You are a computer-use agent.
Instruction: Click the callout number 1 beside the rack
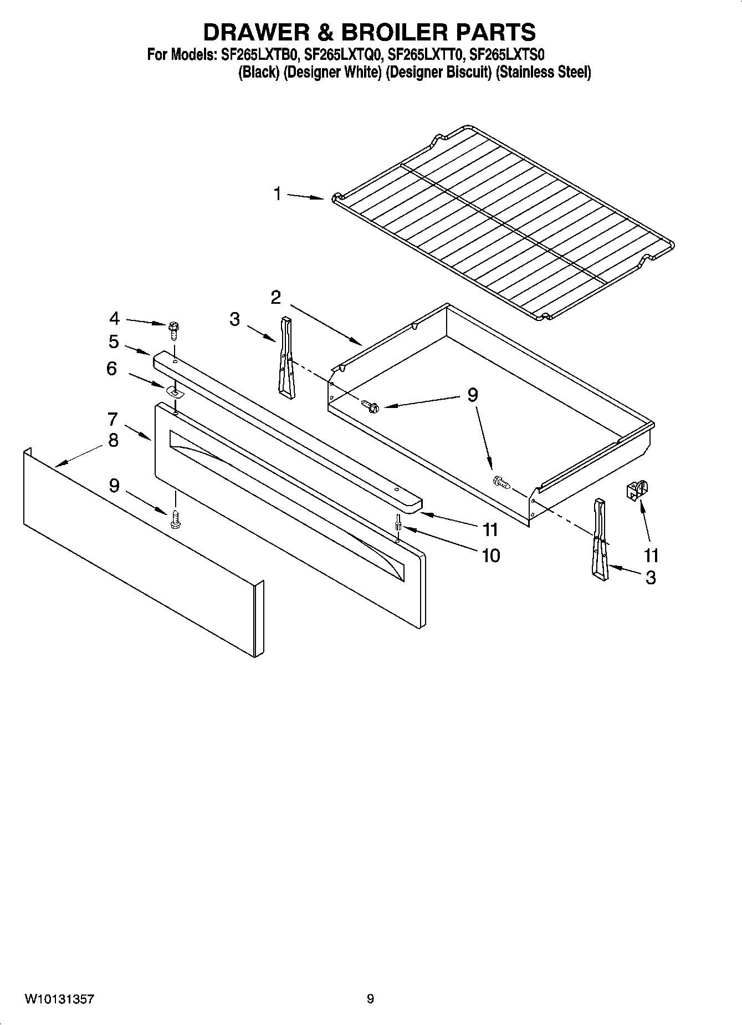[277, 194]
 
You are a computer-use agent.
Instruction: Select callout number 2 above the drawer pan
[276, 298]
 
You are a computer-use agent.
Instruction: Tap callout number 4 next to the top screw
[114, 318]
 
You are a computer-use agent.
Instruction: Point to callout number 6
[112, 368]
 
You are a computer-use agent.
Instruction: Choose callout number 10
[491, 555]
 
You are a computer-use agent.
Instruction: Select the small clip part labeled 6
[175, 392]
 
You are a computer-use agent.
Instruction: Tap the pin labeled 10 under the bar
[398, 522]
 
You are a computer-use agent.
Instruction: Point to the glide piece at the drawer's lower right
[600, 540]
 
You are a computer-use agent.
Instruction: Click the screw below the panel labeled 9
[176, 518]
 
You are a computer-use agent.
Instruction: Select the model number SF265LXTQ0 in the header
[342, 55]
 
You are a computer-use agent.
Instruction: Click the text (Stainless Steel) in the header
[543, 73]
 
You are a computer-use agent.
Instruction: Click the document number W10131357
[59, 999]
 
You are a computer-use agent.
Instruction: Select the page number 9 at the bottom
[370, 999]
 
